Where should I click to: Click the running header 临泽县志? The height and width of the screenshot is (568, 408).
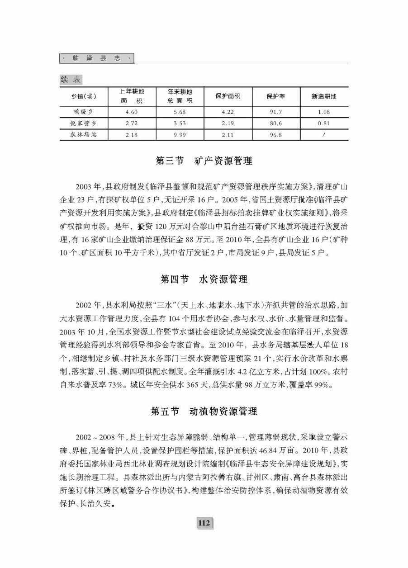[x=97, y=58]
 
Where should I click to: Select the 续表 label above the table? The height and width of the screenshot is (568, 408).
[x=71, y=80]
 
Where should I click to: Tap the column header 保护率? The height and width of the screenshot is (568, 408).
[x=275, y=97]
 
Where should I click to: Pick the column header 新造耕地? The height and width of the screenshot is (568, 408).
[x=324, y=97]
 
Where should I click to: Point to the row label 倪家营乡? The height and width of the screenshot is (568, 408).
[x=84, y=123]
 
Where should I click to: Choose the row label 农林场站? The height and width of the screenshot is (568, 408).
[x=84, y=135]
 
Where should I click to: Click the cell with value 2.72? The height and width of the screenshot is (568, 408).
[x=131, y=123]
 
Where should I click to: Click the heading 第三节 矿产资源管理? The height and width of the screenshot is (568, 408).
[x=204, y=161]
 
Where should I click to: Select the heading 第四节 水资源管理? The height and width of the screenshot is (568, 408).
[x=204, y=279]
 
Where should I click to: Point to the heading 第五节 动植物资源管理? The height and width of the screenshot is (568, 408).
[x=204, y=412]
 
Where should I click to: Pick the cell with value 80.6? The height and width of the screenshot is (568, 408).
[x=275, y=123]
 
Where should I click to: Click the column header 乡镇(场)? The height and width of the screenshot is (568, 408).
[x=84, y=97]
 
